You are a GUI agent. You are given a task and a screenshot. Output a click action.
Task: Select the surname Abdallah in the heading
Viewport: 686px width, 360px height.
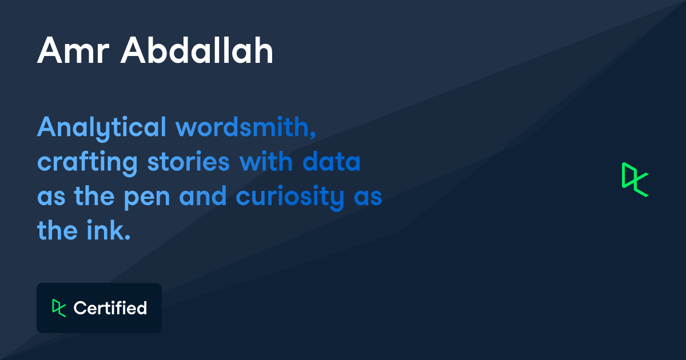197,51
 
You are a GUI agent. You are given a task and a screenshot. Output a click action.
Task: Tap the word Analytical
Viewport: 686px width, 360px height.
102,128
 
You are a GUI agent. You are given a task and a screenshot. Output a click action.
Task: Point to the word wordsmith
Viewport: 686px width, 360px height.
242,127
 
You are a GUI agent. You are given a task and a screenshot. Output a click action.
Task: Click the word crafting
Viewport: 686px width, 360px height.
87,163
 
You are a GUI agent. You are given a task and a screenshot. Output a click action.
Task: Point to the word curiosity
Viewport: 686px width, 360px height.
290,198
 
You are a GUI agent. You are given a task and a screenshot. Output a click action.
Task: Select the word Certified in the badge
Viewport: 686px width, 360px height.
110,309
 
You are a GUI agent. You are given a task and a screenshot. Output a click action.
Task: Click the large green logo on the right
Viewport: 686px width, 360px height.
635,179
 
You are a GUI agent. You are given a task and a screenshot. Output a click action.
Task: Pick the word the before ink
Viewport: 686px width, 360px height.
57,231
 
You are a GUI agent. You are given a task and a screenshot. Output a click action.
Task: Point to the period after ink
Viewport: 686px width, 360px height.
128,237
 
